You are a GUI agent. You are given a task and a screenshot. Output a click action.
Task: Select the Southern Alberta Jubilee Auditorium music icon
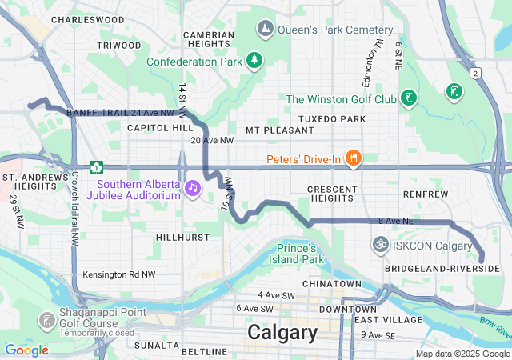(x=192, y=188)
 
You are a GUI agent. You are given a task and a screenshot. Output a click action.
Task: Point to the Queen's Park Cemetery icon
(x=265, y=30)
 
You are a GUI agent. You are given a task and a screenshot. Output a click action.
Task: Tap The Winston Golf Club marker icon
(x=409, y=98)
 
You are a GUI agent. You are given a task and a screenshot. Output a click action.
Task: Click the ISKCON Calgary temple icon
(x=381, y=244)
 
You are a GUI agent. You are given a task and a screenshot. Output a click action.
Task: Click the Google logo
(x=26, y=350)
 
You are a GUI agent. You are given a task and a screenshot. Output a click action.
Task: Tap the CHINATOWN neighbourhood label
(x=331, y=284)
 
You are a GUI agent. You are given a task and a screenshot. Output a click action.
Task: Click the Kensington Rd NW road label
(x=118, y=274)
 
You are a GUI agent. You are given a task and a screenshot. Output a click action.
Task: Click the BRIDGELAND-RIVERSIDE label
(x=442, y=268)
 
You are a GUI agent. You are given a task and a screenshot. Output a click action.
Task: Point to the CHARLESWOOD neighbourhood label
(x=87, y=19)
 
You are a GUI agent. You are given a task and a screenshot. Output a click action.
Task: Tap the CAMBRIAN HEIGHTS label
(x=209, y=40)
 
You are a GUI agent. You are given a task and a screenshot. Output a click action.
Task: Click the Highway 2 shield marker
(x=475, y=73)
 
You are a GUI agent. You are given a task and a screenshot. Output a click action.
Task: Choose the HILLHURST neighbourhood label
(x=182, y=238)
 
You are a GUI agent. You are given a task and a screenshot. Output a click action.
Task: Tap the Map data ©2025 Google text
(x=463, y=354)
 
